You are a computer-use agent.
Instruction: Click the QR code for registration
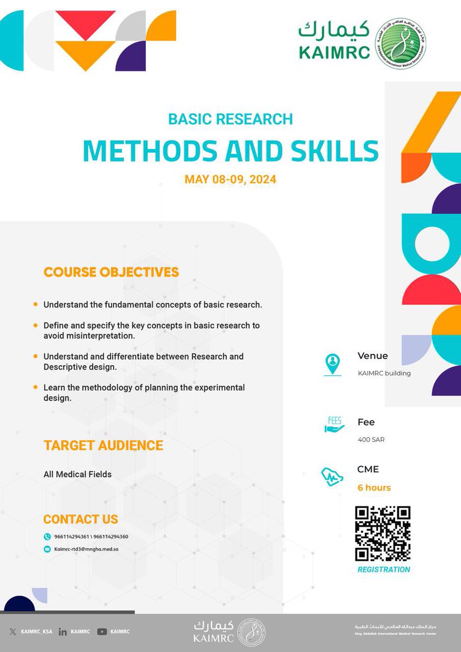pyautogui.click(x=383, y=533)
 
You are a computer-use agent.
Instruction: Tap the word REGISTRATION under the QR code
pyautogui.click(x=383, y=569)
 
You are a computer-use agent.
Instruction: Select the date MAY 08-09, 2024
pyautogui.click(x=230, y=179)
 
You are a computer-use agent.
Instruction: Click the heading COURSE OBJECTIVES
pyautogui.click(x=111, y=272)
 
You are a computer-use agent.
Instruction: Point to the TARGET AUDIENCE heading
pyautogui.click(x=103, y=446)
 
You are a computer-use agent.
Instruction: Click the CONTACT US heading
pyautogui.click(x=80, y=519)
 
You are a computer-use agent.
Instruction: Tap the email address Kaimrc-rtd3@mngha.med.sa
pyautogui.click(x=86, y=549)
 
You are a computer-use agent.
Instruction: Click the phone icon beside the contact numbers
pyautogui.click(x=47, y=537)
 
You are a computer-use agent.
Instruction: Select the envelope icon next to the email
pyautogui.click(x=47, y=549)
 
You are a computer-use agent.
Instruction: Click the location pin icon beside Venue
pyautogui.click(x=333, y=363)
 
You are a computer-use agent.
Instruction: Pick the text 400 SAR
pyautogui.click(x=371, y=439)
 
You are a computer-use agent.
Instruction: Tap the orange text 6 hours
pyautogui.click(x=374, y=487)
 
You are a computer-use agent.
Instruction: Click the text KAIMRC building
pyautogui.click(x=384, y=373)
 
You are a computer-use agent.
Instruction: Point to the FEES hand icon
pyautogui.click(x=333, y=425)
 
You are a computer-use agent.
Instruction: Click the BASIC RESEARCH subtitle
pyautogui.click(x=230, y=118)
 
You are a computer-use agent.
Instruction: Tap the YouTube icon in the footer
pyautogui.click(x=102, y=631)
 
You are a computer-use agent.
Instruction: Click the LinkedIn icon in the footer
pyautogui.click(x=63, y=631)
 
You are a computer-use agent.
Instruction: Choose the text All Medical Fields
pyautogui.click(x=77, y=474)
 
